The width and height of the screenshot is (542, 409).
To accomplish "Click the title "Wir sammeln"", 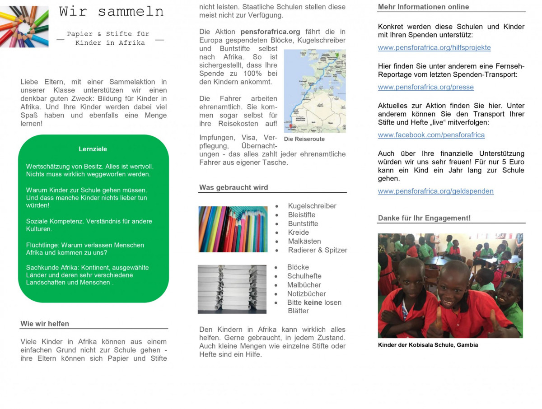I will [111, 12].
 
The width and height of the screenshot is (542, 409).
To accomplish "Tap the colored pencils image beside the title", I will [24, 26].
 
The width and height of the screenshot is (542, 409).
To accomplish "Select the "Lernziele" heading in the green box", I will [93, 149].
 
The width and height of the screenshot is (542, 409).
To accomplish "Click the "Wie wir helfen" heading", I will [45, 324].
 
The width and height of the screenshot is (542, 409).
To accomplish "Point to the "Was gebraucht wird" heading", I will [234, 187].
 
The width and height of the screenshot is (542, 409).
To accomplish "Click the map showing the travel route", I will [315, 91].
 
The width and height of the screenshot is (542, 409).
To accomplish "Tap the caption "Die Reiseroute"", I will [304, 139].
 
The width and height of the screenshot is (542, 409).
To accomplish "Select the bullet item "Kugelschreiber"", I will [312, 206].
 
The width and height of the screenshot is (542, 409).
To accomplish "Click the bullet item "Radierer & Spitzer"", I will [318, 250].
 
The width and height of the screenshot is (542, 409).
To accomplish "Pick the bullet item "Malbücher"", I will [304, 285].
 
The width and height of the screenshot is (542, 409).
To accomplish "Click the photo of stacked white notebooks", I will [232, 289].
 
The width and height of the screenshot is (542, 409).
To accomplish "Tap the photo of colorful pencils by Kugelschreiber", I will [233, 229].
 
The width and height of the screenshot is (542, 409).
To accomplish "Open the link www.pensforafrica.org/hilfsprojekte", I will [434, 47].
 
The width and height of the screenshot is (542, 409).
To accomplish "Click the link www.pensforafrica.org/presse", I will [425, 87].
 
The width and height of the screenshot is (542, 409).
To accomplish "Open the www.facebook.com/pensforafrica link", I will [431, 135].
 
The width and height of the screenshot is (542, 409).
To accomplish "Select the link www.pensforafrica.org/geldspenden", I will [435, 191].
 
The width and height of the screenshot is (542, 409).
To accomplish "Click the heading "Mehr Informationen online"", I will [423, 7].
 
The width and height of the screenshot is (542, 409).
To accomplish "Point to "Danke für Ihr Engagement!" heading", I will [424, 218].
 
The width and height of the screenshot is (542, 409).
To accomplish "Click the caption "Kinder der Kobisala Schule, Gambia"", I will [428, 345].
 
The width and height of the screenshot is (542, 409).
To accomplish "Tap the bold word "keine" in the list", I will [313, 302].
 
